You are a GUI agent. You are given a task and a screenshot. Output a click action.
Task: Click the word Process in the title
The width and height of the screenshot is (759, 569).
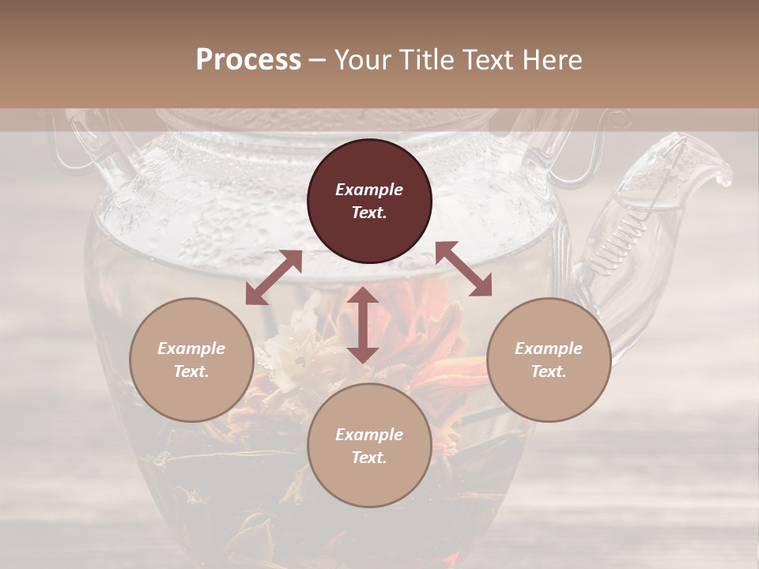248,60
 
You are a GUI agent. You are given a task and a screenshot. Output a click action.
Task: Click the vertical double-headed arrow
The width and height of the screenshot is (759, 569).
363,325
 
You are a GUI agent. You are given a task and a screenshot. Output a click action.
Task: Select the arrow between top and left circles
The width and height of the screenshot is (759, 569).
274,276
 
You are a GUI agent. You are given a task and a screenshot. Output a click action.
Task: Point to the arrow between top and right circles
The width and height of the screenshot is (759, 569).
464,269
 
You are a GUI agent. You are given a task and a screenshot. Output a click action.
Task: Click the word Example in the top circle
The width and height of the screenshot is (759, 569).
369,190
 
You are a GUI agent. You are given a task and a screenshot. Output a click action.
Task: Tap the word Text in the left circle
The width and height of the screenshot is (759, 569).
191,371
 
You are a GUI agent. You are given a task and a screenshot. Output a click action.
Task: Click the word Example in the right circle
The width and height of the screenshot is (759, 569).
549,349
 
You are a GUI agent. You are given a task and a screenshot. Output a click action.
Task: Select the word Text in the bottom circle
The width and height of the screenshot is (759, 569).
369,458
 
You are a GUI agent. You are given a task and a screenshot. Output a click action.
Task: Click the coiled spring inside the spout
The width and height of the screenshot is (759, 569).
621,241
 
